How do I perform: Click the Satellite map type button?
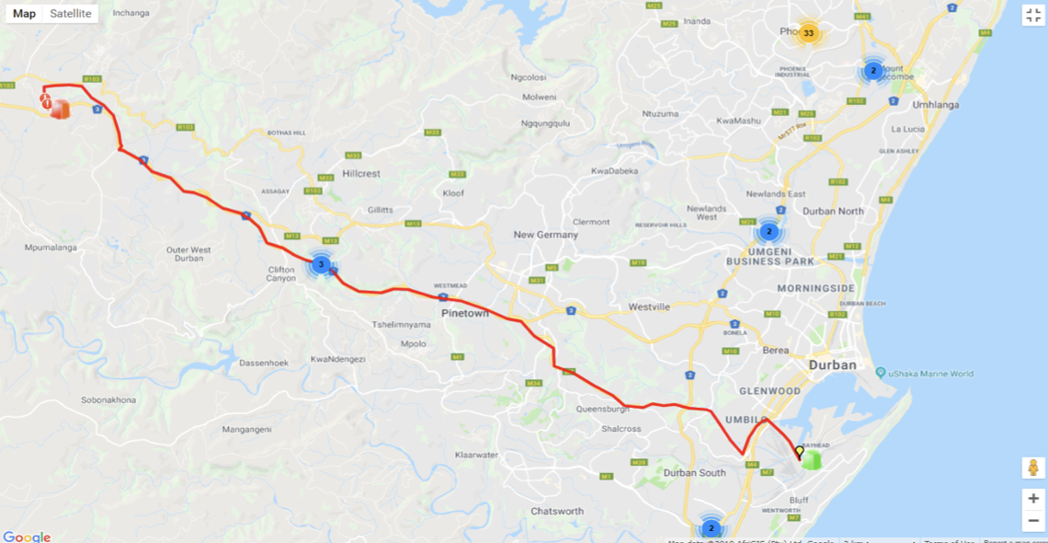point(71,14)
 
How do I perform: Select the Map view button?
point(25,14)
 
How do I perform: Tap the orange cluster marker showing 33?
point(808,34)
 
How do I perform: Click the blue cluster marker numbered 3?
point(320,265)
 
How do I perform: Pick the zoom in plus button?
point(1033,499)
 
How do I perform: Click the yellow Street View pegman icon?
point(1033,468)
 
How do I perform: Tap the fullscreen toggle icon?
point(1033,15)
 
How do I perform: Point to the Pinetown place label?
point(466,314)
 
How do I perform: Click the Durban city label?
point(833,365)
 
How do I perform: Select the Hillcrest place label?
point(360,173)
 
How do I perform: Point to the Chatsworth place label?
point(557,511)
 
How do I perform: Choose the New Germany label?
point(546,235)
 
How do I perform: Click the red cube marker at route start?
point(60,109)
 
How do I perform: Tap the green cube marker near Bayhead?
point(810,460)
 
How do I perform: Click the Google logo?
point(27,537)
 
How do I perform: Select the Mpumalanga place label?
point(51,248)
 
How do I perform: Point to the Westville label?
point(649,306)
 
